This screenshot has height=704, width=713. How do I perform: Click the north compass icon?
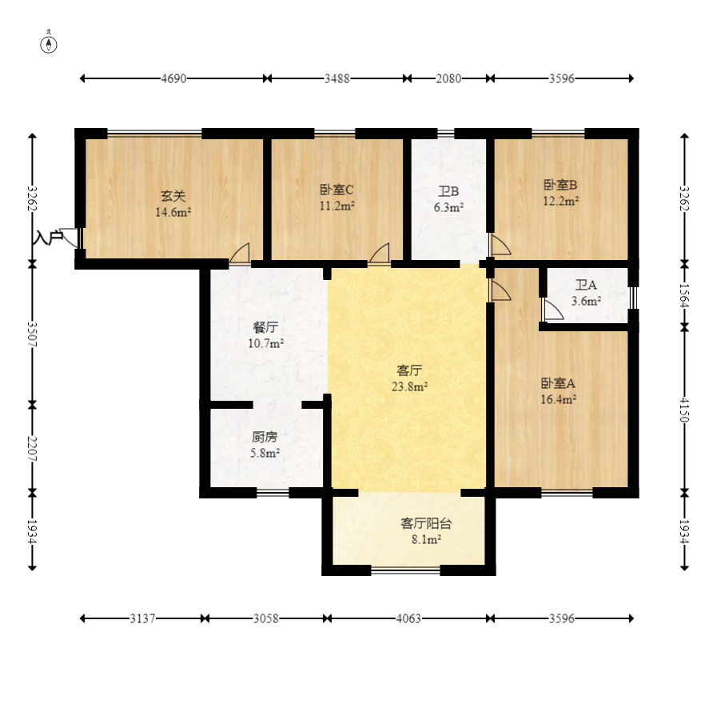[50, 44]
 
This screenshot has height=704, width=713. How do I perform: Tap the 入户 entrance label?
[47, 238]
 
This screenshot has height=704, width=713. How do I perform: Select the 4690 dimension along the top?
[173, 78]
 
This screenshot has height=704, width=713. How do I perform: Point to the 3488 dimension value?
[337, 78]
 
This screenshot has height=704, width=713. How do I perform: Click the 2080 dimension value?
[448, 78]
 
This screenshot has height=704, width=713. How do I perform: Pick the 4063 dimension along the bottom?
[408, 618]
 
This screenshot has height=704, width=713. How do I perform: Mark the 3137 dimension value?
[142, 618]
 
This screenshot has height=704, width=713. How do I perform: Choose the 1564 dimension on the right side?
[683, 294]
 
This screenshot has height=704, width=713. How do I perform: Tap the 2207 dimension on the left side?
[32, 448]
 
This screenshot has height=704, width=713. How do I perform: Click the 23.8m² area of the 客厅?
[410, 386]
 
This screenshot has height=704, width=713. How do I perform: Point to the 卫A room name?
[586, 286]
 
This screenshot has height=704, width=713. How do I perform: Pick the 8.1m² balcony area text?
[426, 540]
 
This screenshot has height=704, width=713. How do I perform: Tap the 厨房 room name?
[265, 438]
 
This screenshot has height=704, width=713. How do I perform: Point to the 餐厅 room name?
[265, 328]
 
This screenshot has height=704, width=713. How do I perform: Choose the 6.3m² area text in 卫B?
[448, 207]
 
